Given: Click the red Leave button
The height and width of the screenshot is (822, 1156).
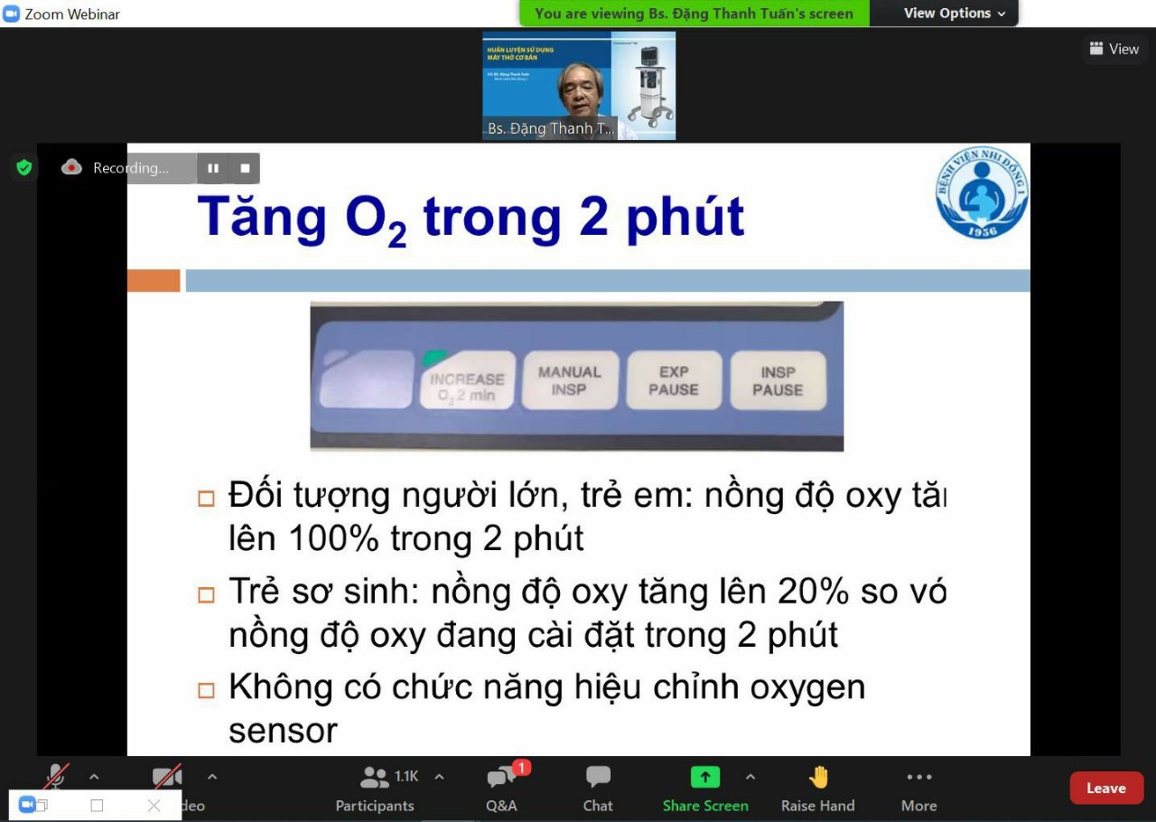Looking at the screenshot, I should tap(1105, 788).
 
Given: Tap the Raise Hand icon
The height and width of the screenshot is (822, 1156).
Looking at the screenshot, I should tap(818, 778).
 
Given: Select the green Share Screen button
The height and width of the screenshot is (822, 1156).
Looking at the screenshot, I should tap(704, 778).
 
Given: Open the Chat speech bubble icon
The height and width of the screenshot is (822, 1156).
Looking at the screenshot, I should tap(598, 778).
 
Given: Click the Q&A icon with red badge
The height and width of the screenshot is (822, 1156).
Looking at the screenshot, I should tap(501, 778).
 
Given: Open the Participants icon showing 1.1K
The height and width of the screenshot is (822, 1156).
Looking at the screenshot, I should tap(374, 777).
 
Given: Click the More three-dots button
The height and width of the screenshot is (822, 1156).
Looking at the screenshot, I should tap(918, 778).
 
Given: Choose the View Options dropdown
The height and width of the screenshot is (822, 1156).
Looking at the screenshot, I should tap(954, 14).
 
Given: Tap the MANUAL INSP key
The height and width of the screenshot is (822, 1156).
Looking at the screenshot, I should tap(569, 380).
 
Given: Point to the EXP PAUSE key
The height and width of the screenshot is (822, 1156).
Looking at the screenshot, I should tap(674, 380).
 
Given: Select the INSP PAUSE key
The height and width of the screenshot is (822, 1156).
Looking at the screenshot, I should tap(778, 380).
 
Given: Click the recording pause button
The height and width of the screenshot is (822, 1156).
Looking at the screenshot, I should tap(213, 168).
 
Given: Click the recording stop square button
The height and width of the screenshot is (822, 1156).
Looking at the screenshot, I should tap(245, 168).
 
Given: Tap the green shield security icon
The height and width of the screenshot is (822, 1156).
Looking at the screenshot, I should tap(24, 167).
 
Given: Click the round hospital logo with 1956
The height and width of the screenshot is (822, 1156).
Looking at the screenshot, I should tap(982, 192).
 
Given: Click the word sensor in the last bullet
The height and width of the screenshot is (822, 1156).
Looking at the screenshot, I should tap(283, 730).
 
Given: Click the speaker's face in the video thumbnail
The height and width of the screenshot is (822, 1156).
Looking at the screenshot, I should tap(582, 88).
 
